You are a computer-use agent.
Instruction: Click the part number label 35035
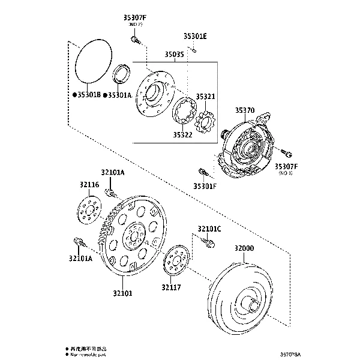pos(175,55)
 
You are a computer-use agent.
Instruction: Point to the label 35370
pos(245,110)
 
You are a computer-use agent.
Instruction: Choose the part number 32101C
pos(209,229)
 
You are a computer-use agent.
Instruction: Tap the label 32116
pos(89,185)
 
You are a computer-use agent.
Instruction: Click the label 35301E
pos(195,36)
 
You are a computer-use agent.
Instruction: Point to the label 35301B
pos(86,95)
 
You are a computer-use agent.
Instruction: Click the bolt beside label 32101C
pos(210,242)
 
